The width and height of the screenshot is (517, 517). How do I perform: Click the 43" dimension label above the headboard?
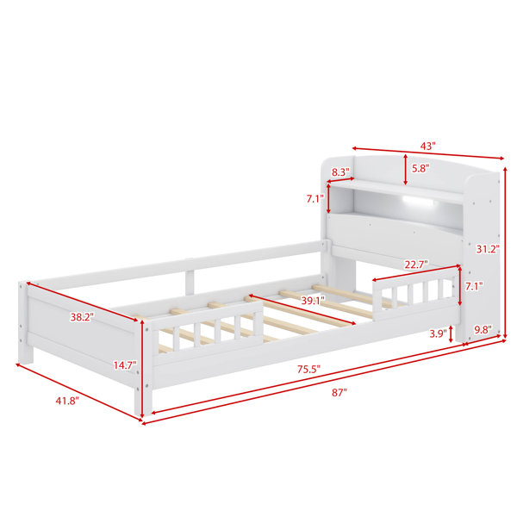click(427, 146)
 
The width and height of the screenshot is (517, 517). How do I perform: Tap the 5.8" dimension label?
click(420, 169)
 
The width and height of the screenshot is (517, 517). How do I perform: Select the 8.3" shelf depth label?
click(340, 171)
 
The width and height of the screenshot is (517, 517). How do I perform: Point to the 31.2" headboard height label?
click(488, 249)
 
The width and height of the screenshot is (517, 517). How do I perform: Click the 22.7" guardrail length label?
click(416, 265)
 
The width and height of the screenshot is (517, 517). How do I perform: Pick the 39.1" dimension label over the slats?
click(313, 301)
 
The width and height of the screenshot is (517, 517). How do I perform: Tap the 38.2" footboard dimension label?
click(82, 317)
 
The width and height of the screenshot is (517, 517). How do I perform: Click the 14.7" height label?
click(125, 365)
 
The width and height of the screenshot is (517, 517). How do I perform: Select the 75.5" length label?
click(308, 369)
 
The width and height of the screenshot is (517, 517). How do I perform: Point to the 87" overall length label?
click(339, 392)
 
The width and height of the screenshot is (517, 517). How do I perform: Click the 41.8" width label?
click(67, 401)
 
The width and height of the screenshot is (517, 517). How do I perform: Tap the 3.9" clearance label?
click(438, 333)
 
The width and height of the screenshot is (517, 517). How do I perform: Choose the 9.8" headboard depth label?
click(483, 329)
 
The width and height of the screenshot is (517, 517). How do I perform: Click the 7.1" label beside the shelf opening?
click(315, 198)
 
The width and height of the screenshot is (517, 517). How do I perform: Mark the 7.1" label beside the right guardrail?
click(474, 286)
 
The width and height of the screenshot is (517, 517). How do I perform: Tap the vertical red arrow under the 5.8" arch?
click(406, 170)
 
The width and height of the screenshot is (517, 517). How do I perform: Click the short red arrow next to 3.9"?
click(451, 334)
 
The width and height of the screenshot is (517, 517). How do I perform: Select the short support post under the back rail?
click(190, 283)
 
